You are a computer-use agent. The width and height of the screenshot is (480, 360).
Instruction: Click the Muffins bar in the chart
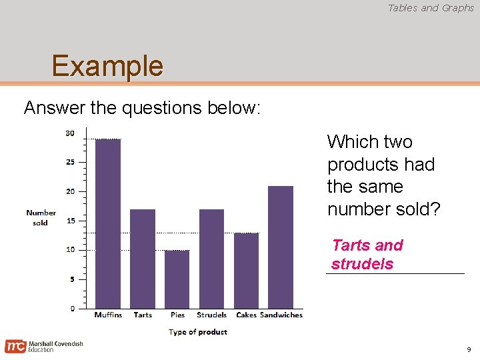[x=108, y=223]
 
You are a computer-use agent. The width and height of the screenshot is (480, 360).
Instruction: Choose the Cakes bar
[x=246, y=270]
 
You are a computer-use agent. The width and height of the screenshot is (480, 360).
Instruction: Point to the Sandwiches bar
[x=281, y=247]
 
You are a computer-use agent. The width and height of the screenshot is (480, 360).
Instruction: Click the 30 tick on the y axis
[x=70, y=133]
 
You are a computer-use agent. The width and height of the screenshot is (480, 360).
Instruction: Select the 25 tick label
[x=70, y=162]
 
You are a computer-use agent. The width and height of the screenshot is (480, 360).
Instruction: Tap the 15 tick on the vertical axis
[x=70, y=221]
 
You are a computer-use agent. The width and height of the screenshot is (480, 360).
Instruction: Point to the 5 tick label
[x=72, y=279]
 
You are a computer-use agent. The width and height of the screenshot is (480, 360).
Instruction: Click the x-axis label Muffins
[x=108, y=315]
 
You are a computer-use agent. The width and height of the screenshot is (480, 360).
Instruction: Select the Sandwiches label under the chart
[x=281, y=315]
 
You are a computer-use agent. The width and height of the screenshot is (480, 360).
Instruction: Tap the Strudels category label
[x=211, y=315]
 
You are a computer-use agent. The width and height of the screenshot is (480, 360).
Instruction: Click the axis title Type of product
[x=198, y=331]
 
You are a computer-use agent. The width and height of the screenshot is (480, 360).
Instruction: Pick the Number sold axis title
[x=41, y=217]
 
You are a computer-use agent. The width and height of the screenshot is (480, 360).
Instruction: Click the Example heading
[x=107, y=66]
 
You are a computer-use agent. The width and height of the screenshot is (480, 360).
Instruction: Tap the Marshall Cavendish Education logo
[x=44, y=346]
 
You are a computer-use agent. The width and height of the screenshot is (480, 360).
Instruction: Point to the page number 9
[x=469, y=349]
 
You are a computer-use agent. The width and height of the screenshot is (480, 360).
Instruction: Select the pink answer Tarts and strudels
[x=367, y=254]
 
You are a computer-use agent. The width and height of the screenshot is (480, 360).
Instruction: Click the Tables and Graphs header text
[x=431, y=8]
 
